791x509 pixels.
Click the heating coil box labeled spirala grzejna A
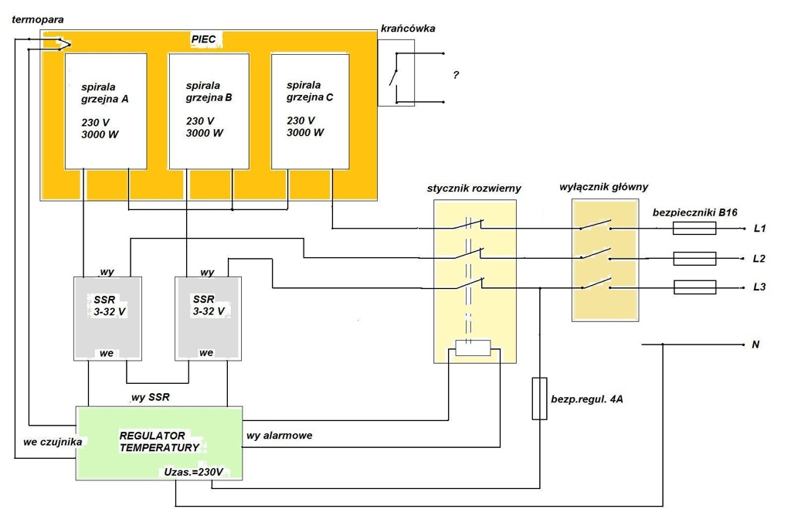pyautogui.click(x=106, y=111)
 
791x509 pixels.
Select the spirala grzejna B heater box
pyautogui.click(x=209, y=111)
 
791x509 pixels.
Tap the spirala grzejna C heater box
pyautogui.click(x=311, y=111)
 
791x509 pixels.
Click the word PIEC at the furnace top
pyautogui.click(x=203, y=39)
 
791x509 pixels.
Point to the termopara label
pyautogui.click(x=38, y=19)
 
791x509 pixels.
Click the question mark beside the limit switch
pyautogui.click(x=456, y=75)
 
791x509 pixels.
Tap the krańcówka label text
pyautogui.click(x=408, y=29)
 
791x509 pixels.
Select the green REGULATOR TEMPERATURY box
pyautogui.click(x=159, y=443)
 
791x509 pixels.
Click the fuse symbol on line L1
pyautogui.click(x=694, y=229)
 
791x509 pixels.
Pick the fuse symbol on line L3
pyautogui.click(x=694, y=287)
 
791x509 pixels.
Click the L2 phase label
pyautogui.click(x=759, y=258)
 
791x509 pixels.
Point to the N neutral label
pyautogui.click(x=755, y=344)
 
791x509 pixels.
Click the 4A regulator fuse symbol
pyautogui.click(x=540, y=399)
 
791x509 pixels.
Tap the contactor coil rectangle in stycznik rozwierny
pyautogui.click(x=473, y=348)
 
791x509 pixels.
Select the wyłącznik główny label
pyautogui.click(x=603, y=187)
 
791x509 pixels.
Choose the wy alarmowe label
pyautogui.click(x=279, y=436)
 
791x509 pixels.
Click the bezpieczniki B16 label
pyautogui.click(x=694, y=212)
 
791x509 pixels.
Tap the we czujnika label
pyautogui.click(x=53, y=442)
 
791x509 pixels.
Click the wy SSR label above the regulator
pyautogui.click(x=151, y=398)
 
